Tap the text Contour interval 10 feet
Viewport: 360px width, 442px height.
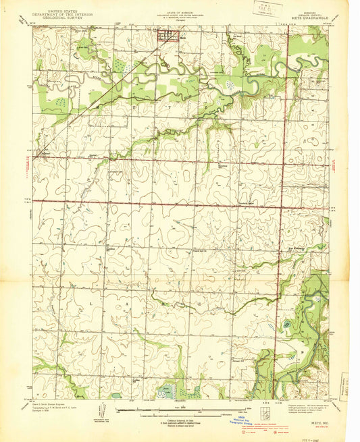click(180, 416)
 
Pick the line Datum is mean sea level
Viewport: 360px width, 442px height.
click(180, 423)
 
